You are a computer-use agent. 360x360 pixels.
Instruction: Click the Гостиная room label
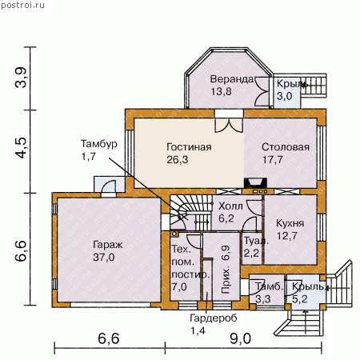click(189, 147)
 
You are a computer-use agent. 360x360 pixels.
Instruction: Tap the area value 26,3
click(178, 160)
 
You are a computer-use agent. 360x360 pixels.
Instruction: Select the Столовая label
click(286, 147)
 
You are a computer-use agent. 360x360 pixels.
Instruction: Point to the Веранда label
click(232, 79)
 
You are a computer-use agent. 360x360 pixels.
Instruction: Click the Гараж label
click(108, 245)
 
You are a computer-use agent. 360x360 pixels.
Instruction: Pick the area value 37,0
click(104, 258)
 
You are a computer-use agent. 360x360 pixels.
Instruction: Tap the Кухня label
click(290, 223)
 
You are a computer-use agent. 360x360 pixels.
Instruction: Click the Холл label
click(230, 206)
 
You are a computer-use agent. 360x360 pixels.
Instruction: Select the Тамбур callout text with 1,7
click(99, 150)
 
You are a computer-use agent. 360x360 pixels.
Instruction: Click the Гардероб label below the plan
click(214, 318)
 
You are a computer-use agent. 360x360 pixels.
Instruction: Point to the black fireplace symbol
click(255, 183)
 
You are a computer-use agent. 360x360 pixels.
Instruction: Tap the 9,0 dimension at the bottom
click(240, 339)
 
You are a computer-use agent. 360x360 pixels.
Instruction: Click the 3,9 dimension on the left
click(21, 78)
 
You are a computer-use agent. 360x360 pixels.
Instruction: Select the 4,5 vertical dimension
click(21, 148)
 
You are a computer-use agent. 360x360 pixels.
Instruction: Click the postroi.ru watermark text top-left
click(22, 5)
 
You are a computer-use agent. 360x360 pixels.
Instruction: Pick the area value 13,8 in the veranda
click(221, 92)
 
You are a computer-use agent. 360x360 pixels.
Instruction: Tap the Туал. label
click(256, 241)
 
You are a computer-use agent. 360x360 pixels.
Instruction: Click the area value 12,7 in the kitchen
click(287, 236)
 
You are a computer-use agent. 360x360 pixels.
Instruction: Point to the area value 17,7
click(272, 160)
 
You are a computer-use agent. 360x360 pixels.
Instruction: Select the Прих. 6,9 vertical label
click(226, 270)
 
